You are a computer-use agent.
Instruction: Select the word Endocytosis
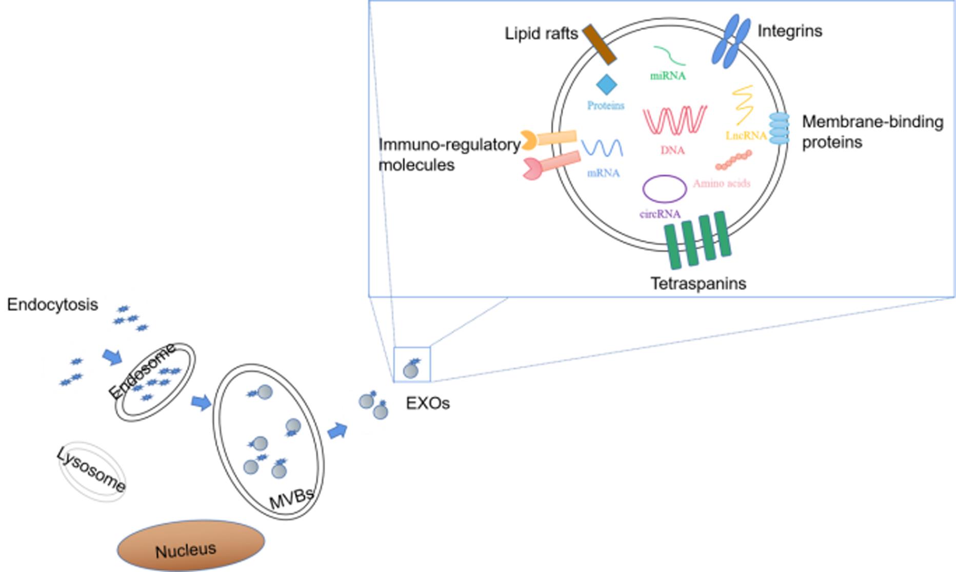(52, 305)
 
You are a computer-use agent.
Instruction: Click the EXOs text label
(428, 403)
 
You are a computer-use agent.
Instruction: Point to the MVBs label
(291, 499)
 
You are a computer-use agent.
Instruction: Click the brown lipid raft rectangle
(599, 45)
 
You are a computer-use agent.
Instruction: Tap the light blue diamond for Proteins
(606, 85)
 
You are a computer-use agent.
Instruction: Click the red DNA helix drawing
(674, 121)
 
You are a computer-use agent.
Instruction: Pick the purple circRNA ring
(665, 189)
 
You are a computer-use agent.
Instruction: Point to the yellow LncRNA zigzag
(743, 105)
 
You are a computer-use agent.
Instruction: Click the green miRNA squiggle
(669, 55)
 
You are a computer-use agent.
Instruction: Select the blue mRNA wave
(602, 148)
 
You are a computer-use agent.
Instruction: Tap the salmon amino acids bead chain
(734, 160)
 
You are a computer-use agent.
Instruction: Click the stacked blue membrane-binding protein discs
(779, 128)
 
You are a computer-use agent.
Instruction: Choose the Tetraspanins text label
(698, 284)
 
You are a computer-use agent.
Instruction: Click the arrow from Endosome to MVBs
(201, 403)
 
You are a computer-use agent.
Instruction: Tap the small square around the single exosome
(412, 364)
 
